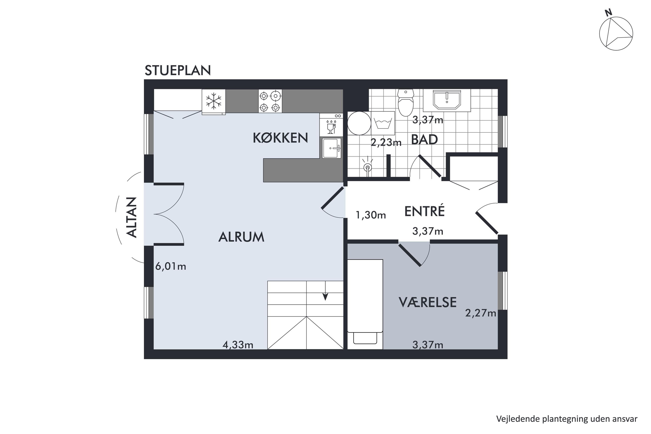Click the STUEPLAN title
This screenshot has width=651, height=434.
pos(178,71)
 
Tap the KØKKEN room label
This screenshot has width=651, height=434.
pos(280,138)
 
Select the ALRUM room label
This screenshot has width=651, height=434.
pos(241,237)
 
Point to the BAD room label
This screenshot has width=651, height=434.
pos(424,140)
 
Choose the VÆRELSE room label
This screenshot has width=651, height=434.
pos(428,302)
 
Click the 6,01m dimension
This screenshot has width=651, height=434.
pos(171,266)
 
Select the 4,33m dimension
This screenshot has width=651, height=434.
pos(238,345)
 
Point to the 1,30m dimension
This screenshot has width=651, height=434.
pos(371,215)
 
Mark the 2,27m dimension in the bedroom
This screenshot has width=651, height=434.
pos(480,313)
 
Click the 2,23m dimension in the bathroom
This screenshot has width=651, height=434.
pos(386,142)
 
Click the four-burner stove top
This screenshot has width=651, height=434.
pos(270,101)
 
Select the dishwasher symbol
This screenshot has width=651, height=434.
pos(331,125)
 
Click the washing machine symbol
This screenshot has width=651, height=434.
pos(383,123)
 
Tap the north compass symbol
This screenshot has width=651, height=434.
pos(616,33)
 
